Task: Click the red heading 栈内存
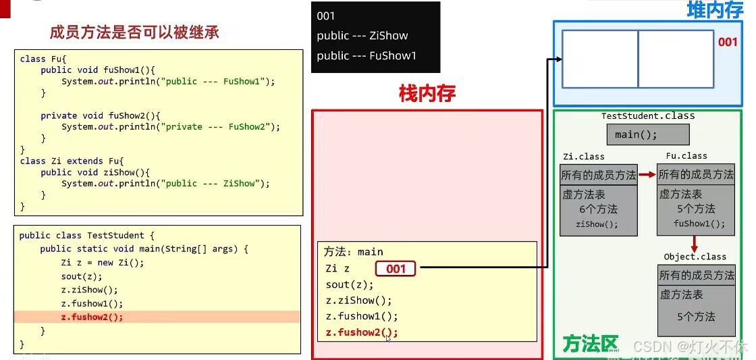point(427,94)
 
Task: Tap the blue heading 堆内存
point(715,10)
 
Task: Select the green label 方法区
point(590,344)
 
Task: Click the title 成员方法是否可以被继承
point(134,32)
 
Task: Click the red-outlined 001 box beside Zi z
point(396,269)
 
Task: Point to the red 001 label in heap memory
point(728,42)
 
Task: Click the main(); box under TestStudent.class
point(636,134)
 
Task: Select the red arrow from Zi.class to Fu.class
point(647,175)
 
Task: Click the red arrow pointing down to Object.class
point(694,244)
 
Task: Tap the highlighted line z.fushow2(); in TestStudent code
point(92,317)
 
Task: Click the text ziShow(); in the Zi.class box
point(597,224)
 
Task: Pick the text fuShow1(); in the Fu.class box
point(699,224)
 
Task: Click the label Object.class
point(695,257)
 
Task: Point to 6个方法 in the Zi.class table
point(598,209)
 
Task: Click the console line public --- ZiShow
point(362,36)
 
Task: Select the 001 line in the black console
point(326,16)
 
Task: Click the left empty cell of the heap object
point(600,59)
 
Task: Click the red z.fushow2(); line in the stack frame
point(362,332)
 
